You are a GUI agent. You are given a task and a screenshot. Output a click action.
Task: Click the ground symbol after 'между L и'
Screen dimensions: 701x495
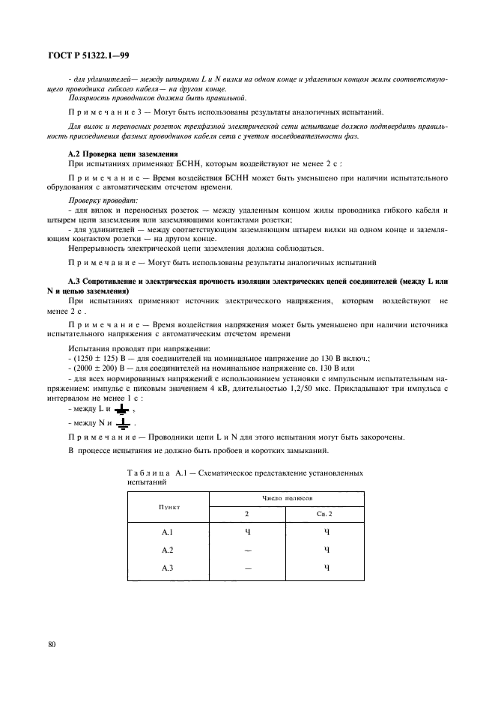pyautogui.click(x=121, y=410)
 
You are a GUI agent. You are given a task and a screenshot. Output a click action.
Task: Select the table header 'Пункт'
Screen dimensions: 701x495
pyautogui.click(x=168, y=507)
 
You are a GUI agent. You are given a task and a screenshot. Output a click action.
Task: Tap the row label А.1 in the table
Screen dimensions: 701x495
pyautogui.click(x=168, y=532)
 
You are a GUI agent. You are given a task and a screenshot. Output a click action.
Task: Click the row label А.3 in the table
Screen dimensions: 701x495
pyautogui.click(x=168, y=567)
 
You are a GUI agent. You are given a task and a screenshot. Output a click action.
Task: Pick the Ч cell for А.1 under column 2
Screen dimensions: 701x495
pyautogui.click(x=248, y=532)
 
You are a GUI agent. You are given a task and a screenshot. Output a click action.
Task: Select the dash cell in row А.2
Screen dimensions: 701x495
pyautogui.click(x=248, y=550)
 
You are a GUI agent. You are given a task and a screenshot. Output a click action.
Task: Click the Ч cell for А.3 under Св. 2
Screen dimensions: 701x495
pyautogui.click(x=326, y=567)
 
